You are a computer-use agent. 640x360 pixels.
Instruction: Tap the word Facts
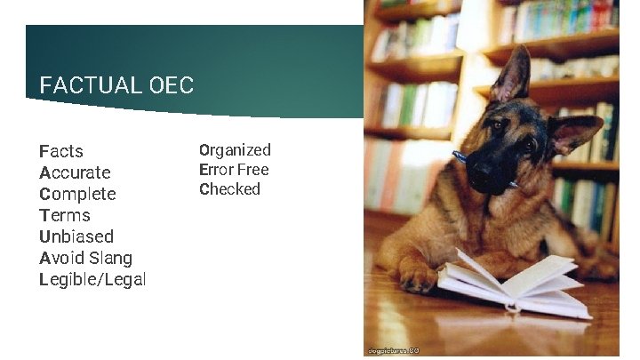point(61,151)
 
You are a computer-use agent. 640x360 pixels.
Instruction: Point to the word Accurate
point(75,172)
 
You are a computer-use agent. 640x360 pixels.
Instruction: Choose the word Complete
point(77,194)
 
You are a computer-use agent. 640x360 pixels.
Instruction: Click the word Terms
point(65,215)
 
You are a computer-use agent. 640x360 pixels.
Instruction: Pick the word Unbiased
point(76,236)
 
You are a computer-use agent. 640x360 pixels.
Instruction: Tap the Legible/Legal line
point(92,279)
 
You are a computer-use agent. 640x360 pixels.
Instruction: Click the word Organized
point(235,150)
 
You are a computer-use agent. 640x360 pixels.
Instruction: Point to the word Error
point(216,170)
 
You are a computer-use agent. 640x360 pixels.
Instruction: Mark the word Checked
point(229,189)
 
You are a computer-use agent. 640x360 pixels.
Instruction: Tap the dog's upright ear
point(515,76)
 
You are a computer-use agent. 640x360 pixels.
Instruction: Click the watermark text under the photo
point(391,350)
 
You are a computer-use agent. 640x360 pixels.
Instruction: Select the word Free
point(253,170)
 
